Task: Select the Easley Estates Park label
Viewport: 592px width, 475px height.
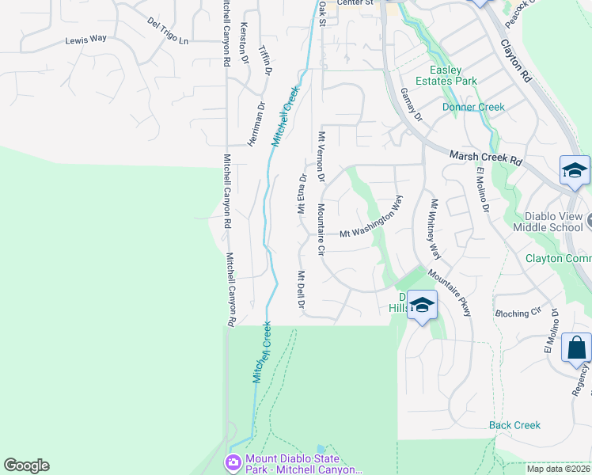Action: pos(453,75)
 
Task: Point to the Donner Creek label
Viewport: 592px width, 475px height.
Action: pos(473,107)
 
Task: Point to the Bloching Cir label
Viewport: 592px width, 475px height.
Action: pos(518,313)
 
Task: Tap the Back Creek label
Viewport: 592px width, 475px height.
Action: pos(514,425)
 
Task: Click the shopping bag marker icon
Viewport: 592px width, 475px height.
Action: pos(577,348)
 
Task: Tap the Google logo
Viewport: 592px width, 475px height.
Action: pos(26,465)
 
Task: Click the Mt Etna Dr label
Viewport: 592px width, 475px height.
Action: pos(302,195)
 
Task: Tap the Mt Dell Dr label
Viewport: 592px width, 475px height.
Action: pos(301,291)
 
